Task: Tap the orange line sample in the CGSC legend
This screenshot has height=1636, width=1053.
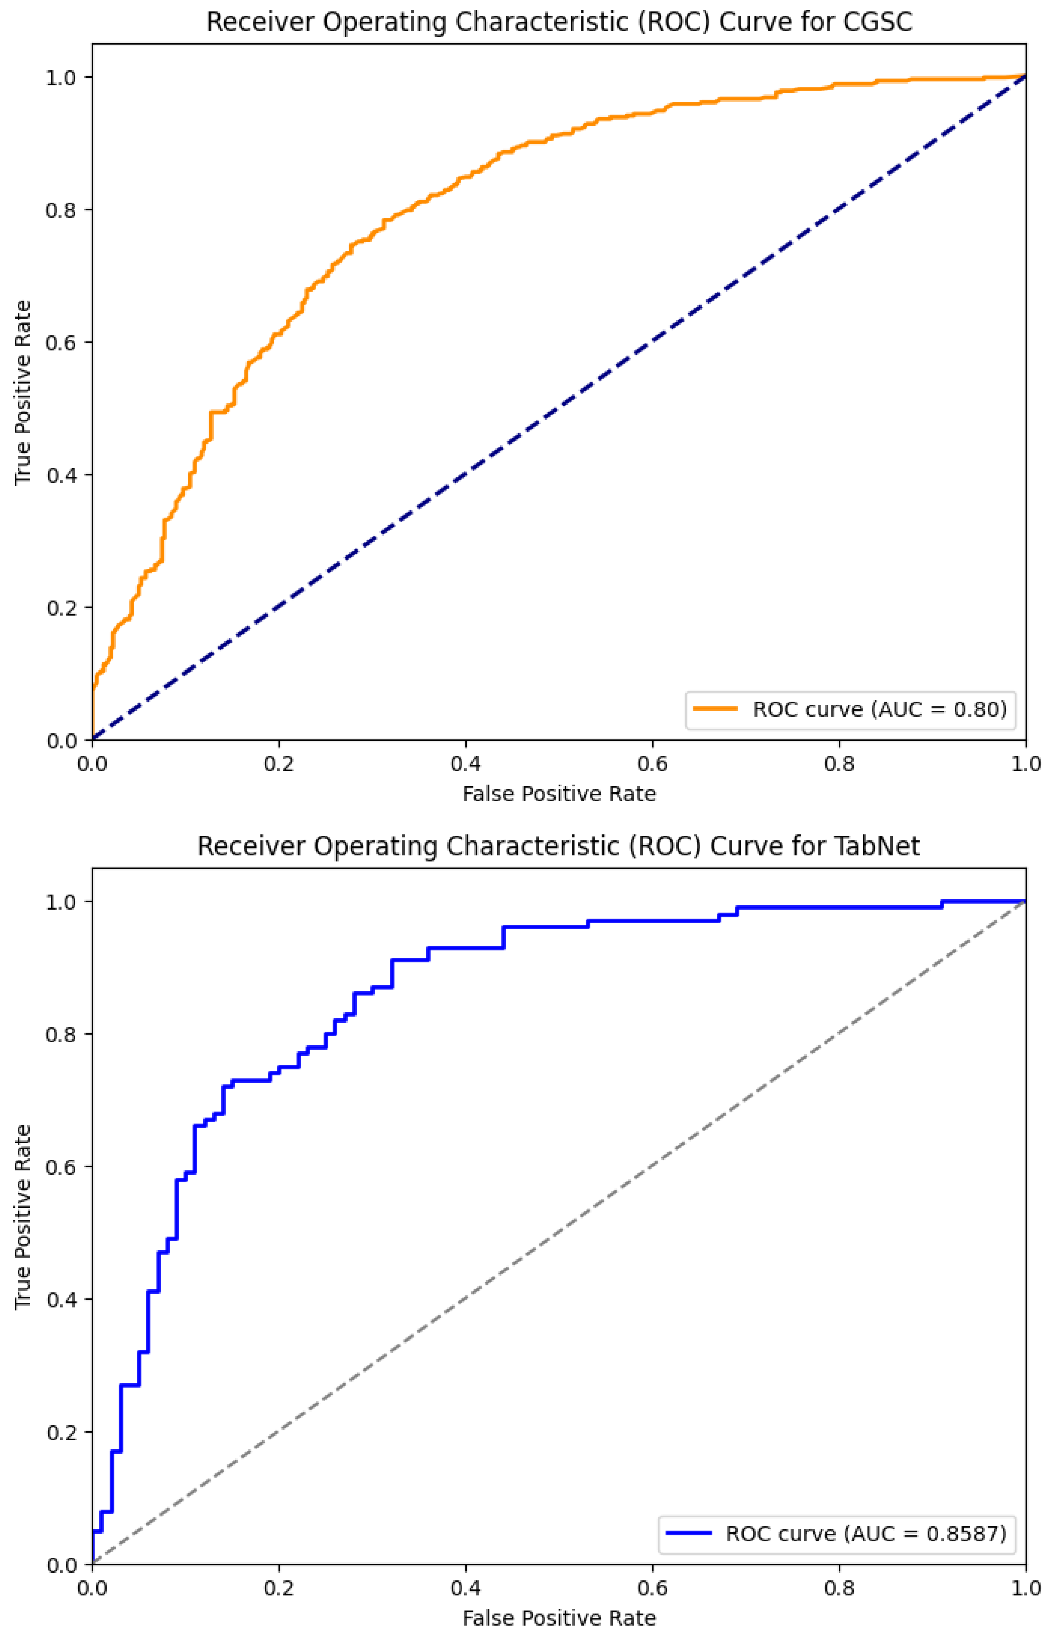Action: [714, 709]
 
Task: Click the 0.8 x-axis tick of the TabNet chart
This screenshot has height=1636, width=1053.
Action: [839, 1588]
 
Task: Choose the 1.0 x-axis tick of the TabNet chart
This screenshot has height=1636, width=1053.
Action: [1025, 1588]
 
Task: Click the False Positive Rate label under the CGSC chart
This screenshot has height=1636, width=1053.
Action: [559, 794]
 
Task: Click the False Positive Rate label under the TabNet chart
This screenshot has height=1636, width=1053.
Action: [559, 1617]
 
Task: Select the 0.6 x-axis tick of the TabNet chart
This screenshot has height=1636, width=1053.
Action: [652, 1588]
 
